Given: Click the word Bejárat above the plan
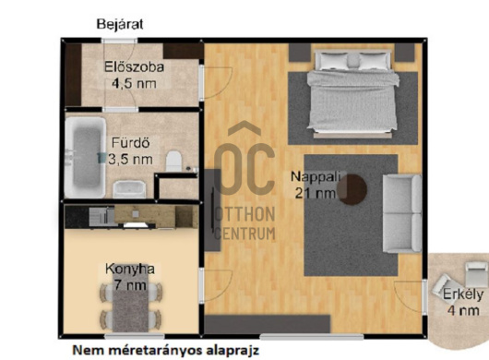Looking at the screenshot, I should click(120, 23).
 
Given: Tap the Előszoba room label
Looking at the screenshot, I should click(134, 66).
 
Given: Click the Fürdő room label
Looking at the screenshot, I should click(130, 143).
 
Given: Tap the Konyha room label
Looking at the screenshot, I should click(130, 269).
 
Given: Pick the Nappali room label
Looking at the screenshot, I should click(312, 176).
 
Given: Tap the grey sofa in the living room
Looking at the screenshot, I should click(402, 213).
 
